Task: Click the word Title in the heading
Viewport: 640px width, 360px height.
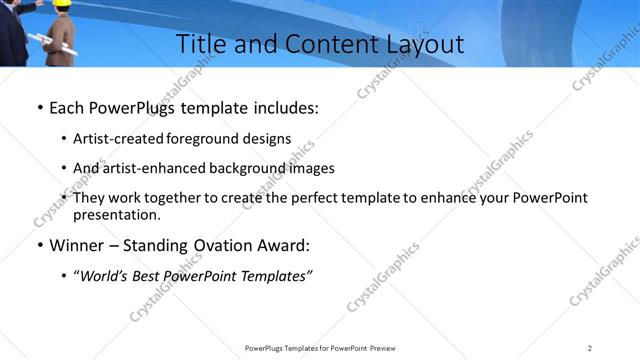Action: (x=199, y=44)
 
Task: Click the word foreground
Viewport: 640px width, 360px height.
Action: (x=193, y=139)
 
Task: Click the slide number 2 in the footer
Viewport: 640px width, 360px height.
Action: (x=590, y=348)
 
